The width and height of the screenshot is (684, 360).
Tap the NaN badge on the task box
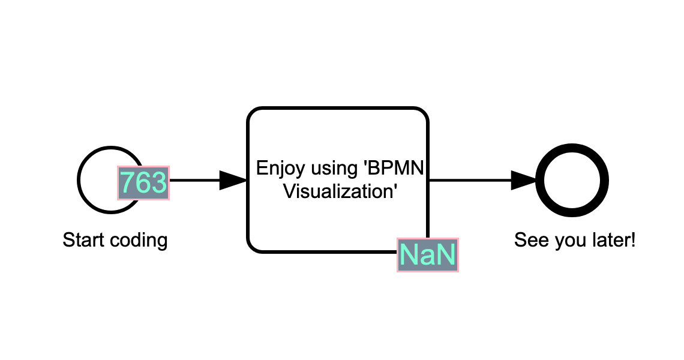(427, 255)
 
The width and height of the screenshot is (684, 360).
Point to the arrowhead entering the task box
(233, 180)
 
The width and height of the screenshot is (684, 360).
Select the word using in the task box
(334, 168)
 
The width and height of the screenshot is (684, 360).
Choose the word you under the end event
(564, 241)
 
